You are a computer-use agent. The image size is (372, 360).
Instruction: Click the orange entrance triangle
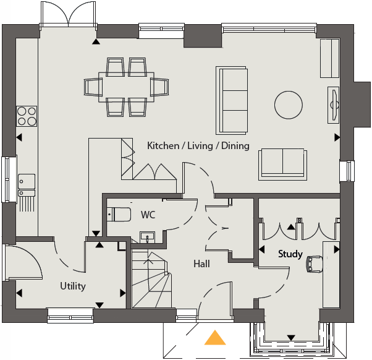(x=215, y=338)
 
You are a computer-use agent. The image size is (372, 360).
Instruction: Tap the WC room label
(x=148, y=215)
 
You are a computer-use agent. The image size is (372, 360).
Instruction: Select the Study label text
(x=290, y=254)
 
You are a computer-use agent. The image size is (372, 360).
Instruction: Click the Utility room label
(x=73, y=286)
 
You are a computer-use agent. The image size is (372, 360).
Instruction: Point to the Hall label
(x=201, y=264)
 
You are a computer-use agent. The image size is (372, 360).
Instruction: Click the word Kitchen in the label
(x=163, y=145)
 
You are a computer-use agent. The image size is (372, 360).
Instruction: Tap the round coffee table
(x=289, y=105)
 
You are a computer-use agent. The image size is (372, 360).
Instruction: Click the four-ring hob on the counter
(x=27, y=116)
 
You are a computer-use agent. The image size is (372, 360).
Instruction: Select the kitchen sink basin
(x=27, y=182)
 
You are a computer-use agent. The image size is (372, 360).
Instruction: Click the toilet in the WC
(x=119, y=215)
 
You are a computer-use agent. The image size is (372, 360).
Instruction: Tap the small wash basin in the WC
(x=147, y=238)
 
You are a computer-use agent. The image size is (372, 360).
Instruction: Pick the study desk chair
(x=315, y=264)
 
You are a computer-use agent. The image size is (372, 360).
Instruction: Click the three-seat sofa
(x=232, y=100)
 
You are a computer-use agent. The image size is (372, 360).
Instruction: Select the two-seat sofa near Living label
(x=282, y=165)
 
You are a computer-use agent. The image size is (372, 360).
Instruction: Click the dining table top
(x=126, y=87)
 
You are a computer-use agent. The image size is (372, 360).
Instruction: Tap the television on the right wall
(x=334, y=105)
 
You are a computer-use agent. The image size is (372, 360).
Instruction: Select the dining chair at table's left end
(x=93, y=87)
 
